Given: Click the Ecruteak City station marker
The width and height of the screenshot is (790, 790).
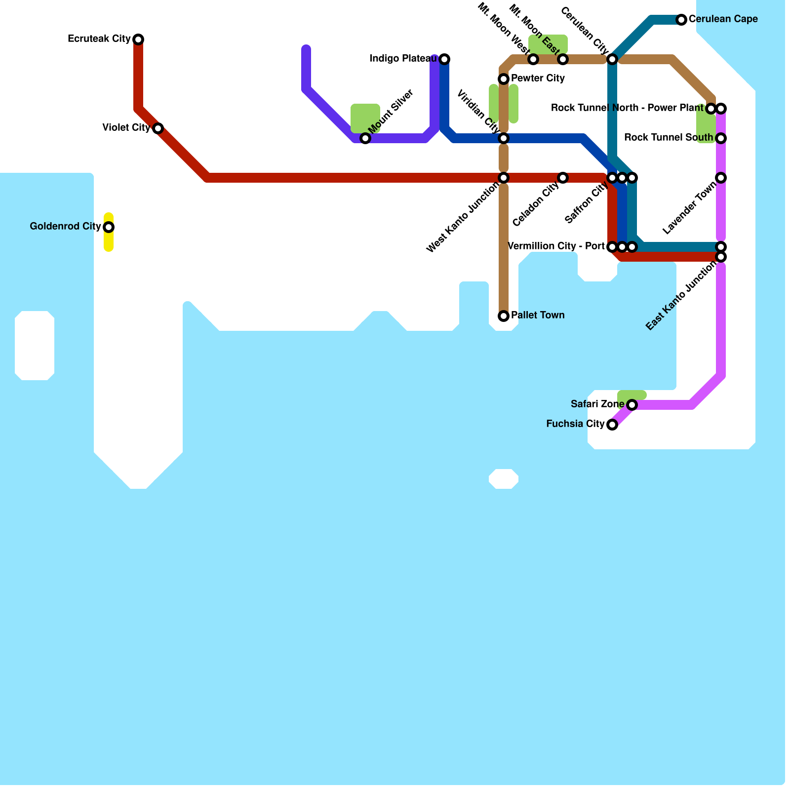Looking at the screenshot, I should (x=138, y=39).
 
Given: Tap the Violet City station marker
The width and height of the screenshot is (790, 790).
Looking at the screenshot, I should (x=158, y=128).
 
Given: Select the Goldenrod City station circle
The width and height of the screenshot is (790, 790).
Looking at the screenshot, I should (x=109, y=227).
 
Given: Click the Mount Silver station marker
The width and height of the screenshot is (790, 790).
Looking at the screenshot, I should (x=365, y=138).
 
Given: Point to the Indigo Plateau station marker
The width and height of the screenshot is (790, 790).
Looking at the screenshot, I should (x=444, y=59).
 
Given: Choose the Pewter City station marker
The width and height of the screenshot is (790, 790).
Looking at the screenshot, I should (x=504, y=79).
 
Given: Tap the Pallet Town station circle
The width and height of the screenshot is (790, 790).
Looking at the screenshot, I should (x=504, y=316).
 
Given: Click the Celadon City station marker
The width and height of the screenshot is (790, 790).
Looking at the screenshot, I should (x=563, y=178).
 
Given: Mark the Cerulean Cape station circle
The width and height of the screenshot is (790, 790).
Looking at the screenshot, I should (x=681, y=20).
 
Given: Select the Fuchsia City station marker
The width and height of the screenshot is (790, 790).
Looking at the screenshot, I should (x=612, y=425).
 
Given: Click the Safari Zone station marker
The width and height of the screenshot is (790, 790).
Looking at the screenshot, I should (x=632, y=405).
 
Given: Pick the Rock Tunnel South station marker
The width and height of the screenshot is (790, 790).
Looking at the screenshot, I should (x=721, y=138).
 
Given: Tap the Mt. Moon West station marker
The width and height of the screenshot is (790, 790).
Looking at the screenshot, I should (x=533, y=59).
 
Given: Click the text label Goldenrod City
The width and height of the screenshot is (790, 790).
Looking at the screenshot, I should (x=65, y=227).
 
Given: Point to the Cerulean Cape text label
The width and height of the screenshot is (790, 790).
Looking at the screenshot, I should (x=723, y=19).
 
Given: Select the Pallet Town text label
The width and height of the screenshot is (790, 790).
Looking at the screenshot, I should (x=538, y=316).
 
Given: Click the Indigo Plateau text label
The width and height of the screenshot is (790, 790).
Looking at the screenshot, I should (x=403, y=59).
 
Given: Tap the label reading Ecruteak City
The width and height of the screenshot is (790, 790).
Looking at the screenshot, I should (x=99, y=39).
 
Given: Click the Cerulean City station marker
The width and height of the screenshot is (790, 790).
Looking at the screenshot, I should (x=612, y=59).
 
